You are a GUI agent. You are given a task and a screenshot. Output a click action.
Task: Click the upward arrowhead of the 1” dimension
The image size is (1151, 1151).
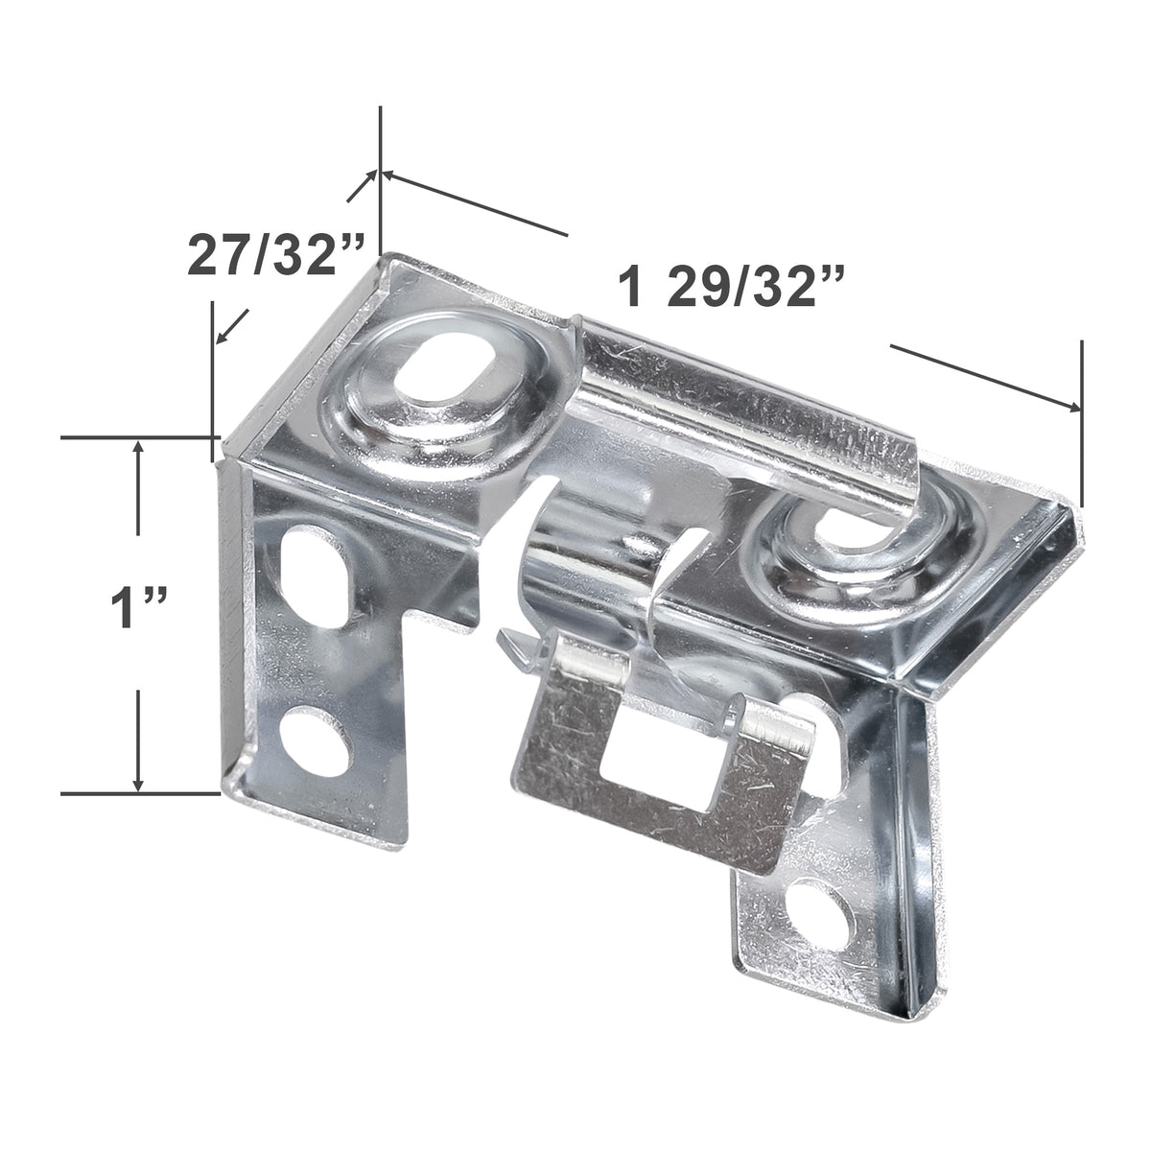tap(140, 447)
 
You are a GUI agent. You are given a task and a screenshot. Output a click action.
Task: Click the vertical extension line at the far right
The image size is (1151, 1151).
tap(1082, 422)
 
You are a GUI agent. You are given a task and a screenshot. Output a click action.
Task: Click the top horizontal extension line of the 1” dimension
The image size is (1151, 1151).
tap(134, 438)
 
